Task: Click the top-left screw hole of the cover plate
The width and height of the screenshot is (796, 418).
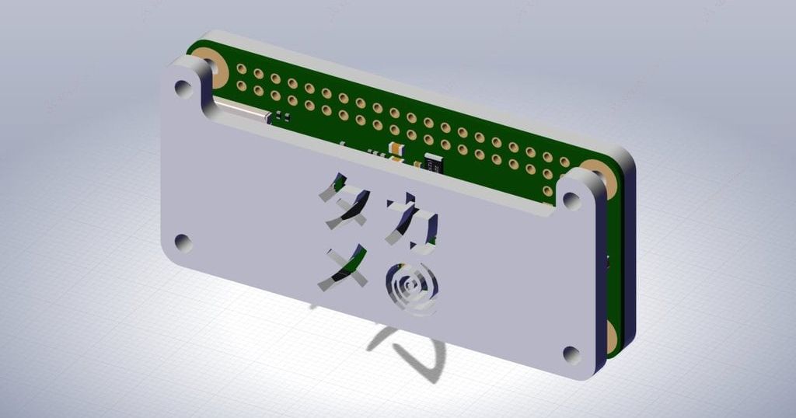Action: pos(183,88)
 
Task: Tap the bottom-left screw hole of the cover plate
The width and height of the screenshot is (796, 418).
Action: pos(183,242)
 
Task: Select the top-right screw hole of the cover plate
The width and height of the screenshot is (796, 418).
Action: pos(571,200)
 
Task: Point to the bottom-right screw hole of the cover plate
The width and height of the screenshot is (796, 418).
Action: pos(571,354)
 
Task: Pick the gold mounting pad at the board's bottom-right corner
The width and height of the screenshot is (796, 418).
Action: pos(611,335)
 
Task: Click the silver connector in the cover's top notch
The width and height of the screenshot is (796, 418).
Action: pos(241,113)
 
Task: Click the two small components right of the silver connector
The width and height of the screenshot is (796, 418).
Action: pos(282,117)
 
